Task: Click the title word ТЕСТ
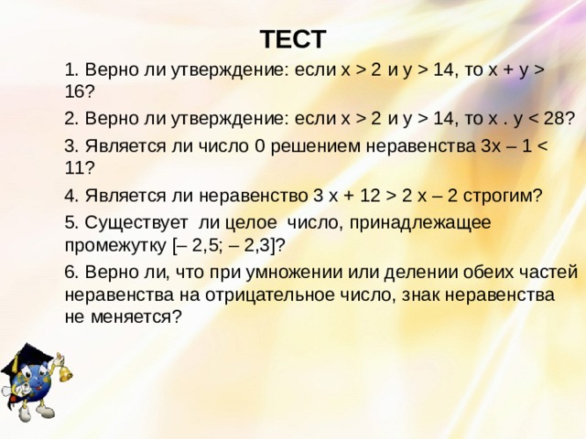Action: [293, 39]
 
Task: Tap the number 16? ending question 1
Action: [80, 91]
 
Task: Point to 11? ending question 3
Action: [80, 168]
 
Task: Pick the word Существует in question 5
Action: [136, 223]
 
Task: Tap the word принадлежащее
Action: [420, 223]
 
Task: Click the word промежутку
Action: [115, 246]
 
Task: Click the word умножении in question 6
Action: [294, 273]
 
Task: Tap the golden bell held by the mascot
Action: [64, 372]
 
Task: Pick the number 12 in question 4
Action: [370, 196]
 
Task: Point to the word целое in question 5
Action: [252, 223]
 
